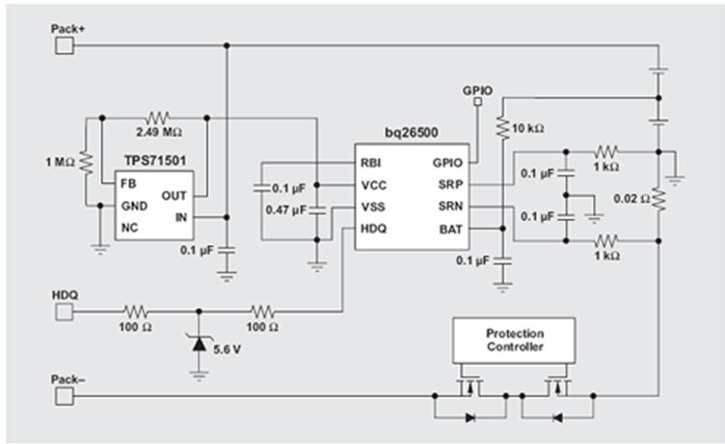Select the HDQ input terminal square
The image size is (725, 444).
pos(63,312)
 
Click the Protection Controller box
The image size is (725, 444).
pos(513,340)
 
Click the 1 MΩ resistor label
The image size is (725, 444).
pos(60,160)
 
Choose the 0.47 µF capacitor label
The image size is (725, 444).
pos(286,208)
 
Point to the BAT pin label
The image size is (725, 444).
pos(449,229)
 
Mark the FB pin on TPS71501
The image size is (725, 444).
pos(128,181)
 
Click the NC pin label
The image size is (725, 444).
pos(129,228)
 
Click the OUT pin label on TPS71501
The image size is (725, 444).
pos(175,194)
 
